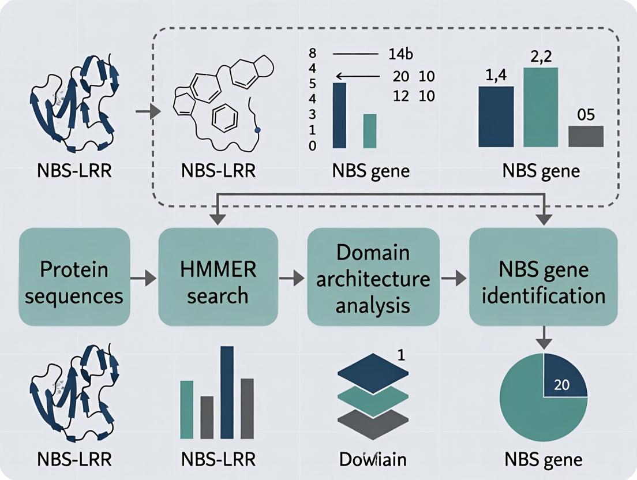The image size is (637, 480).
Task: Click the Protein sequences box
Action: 74,276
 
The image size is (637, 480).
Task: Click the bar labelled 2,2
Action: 541,107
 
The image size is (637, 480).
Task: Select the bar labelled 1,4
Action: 496,115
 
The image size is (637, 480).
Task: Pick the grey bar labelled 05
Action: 586,136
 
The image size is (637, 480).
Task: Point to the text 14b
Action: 399,55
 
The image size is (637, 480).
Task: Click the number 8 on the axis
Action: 313,55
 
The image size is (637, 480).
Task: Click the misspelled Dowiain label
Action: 372,459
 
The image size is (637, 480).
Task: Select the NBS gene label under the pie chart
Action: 542,459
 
